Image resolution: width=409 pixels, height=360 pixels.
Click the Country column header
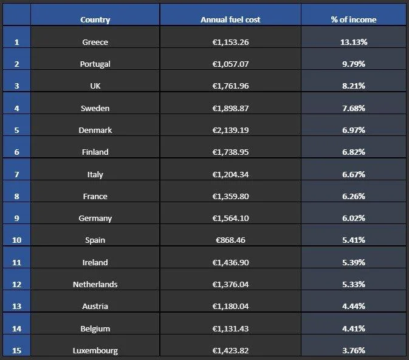click(x=95, y=19)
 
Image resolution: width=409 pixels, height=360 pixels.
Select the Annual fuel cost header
click(x=230, y=19)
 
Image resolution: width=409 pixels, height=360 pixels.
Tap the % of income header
click(x=353, y=19)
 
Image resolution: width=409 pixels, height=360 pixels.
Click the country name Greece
click(x=95, y=42)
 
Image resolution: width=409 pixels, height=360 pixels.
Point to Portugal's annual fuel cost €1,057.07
click(x=230, y=64)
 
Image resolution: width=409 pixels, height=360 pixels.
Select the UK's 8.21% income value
click(x=353, y=86)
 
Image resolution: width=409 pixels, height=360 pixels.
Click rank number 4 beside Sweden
click(x=16, y=108)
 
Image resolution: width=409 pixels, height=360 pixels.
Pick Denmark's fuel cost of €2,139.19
click(x=230, y=130)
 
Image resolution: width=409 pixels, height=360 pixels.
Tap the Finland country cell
click(x=95, y=152)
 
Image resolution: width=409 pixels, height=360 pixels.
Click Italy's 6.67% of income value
click(x=353, y=174)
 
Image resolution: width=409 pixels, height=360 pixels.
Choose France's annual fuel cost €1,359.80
click(x=230, y=196)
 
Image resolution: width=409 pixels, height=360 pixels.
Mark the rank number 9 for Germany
click(x=16, y=218)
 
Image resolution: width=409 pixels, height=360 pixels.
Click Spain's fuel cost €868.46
click(x=230, y=240)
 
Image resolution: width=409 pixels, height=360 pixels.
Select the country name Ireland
click(x=95, y=262)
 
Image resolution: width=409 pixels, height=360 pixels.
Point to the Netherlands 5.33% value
click(x=353, y=284)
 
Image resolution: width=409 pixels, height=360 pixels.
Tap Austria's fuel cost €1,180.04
click(x=230, y=306)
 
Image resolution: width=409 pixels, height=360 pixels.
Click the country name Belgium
click(x=95, y=328)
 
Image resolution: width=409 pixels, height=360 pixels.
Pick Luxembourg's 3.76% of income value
click(x=353, y=350)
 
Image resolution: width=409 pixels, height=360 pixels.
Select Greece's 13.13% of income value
click(x=353, y=42)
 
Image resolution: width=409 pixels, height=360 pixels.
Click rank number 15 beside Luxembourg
click(x=16, y=350)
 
